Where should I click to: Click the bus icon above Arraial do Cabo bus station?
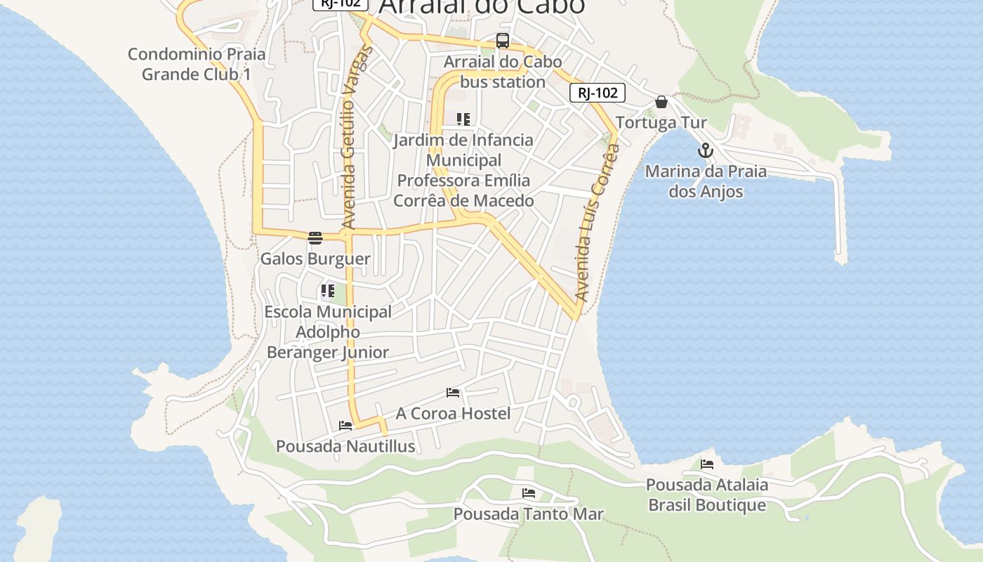point(503,41)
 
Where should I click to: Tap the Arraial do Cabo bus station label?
point(503,72)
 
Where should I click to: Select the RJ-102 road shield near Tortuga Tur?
point(597,93)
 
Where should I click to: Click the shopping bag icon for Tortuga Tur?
point(661,103)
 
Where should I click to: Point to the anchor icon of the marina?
point(706,150)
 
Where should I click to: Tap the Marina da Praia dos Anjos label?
point(706,181)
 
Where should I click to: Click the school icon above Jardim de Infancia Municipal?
point(463,119)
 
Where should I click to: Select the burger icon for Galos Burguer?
point(315,238)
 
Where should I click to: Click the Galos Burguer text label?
point(315,259)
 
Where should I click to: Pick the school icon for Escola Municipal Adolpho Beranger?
point(327,291)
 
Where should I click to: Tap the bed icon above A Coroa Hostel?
point(453,393)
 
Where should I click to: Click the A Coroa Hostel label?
point(453,413)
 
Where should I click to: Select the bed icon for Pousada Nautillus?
point(345,426)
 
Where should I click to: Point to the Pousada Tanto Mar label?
point(528,514)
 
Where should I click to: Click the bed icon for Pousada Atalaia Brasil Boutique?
point(707,464)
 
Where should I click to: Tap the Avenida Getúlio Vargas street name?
point(349,137)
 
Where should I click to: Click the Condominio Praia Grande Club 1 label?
point(197,64)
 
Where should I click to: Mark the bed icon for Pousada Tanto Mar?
point(529,493)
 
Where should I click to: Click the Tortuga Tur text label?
point(661,123)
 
